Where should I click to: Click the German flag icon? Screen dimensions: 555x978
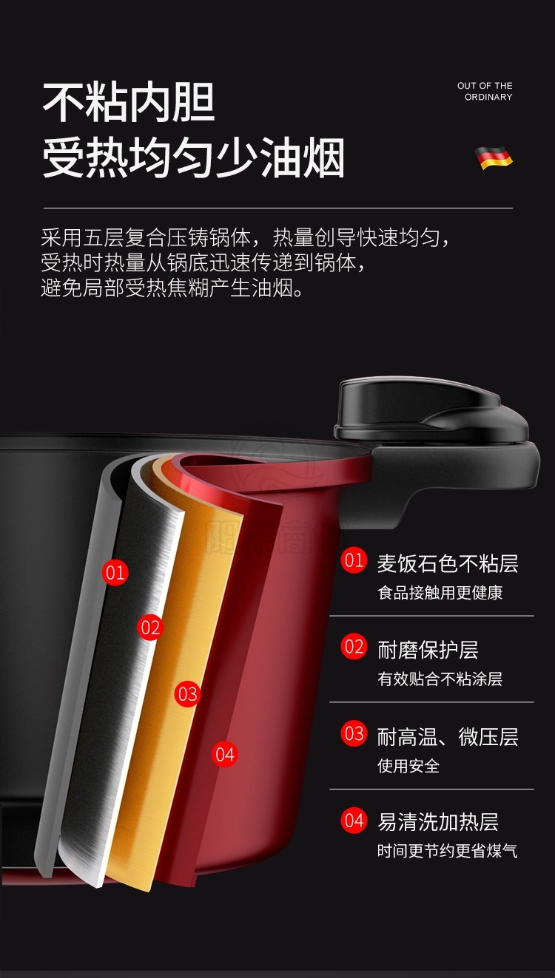494,158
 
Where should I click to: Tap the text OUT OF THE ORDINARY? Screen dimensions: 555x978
485,91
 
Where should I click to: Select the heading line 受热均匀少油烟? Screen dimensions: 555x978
193,157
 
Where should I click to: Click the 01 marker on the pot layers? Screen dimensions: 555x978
115,572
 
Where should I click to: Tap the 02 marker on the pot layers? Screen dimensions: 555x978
150,628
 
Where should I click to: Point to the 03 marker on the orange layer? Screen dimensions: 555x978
187,694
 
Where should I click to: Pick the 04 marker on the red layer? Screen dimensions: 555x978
225,754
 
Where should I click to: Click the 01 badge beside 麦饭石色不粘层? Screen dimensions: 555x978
354,560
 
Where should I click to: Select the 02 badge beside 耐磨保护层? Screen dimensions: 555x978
354,646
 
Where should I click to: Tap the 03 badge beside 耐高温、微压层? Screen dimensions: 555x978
354,733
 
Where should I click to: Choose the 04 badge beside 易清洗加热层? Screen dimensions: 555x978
354,820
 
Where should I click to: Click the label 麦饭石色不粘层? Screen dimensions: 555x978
448,563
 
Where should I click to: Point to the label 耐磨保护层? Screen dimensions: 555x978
428,650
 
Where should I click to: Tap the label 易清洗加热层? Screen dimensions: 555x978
437,822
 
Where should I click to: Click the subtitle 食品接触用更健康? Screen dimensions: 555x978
440,592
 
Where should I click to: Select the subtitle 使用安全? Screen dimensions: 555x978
408,766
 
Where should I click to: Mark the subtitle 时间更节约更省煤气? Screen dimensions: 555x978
448,851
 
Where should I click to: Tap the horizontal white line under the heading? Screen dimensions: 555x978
278,208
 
